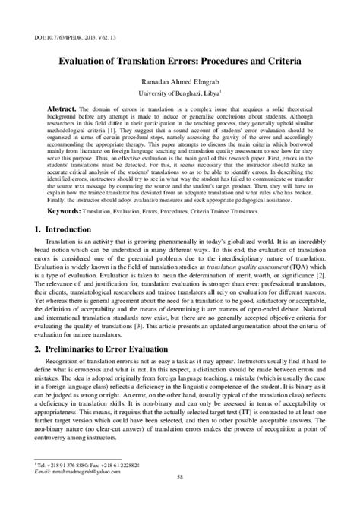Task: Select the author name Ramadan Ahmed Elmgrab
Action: (180, 81)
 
